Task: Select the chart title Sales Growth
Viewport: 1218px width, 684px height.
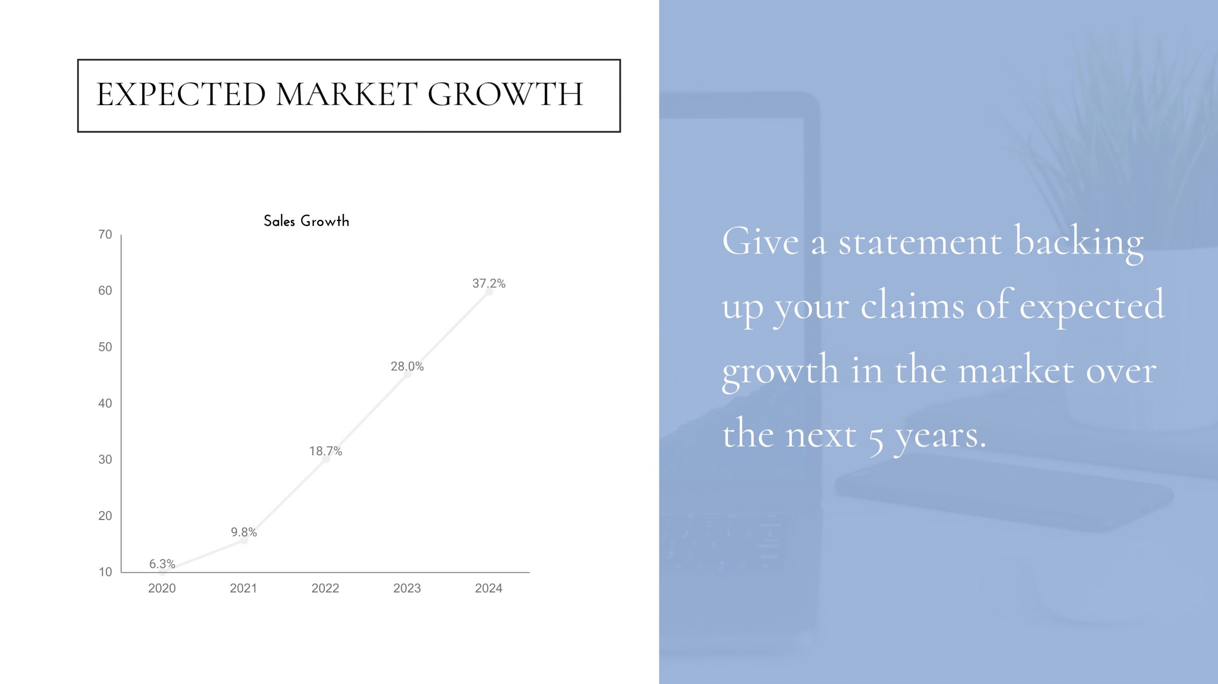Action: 306,221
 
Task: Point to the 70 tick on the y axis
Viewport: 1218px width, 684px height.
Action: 105,234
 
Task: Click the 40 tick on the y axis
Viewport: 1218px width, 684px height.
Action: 105,403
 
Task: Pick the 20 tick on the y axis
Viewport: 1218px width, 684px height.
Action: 105,516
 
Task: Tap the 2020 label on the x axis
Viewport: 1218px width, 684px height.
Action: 162,588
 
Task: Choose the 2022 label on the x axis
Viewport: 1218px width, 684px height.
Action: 325,588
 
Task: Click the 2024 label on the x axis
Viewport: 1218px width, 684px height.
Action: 489,588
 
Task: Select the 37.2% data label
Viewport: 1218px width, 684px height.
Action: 489,283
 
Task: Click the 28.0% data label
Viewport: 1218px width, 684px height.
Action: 407,366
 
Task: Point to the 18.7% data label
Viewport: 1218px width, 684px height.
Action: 325,451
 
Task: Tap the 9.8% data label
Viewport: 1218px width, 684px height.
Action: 244,532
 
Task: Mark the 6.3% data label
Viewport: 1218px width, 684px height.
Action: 162,564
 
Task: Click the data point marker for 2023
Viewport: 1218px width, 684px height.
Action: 407,375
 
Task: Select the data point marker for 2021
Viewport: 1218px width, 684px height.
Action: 244,540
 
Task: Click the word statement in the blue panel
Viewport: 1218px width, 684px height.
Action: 920,242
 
